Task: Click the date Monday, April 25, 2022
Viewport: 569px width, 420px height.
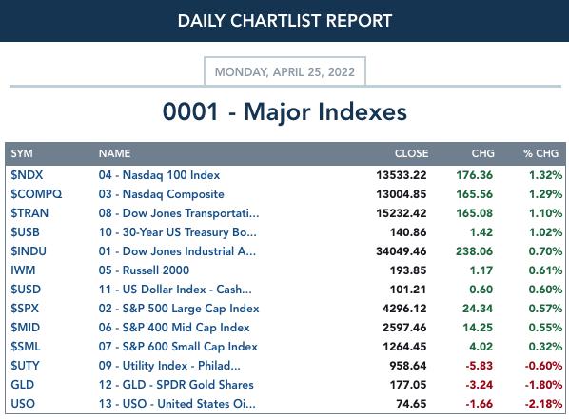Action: pos(284,72)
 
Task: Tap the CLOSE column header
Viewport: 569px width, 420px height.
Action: pos(411,153)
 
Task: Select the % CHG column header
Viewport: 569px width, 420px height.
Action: pos(540,153)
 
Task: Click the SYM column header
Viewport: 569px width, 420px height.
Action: pos(22,153)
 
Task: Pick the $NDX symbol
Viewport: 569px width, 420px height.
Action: pos(27,174)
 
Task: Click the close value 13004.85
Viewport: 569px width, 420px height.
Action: pos(401,194)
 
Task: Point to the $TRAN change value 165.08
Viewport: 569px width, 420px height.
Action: pos(474,213)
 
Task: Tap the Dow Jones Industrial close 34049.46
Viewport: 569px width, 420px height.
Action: pos(401,251)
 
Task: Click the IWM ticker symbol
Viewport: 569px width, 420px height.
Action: pos(23,270)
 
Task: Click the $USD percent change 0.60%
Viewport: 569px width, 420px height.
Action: pos(545,290)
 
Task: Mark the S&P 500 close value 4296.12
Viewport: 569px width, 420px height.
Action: pos(404,309)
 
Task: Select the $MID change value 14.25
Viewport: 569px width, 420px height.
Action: pos(478,328)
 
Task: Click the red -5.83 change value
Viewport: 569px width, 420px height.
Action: pos(479,365)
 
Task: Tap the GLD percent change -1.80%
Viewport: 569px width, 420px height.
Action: pos(543,385)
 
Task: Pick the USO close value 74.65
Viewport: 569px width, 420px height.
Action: pos(411,403)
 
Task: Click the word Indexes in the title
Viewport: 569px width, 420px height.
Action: pos(363,111)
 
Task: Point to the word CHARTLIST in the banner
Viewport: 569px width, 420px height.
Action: pos(276,21)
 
